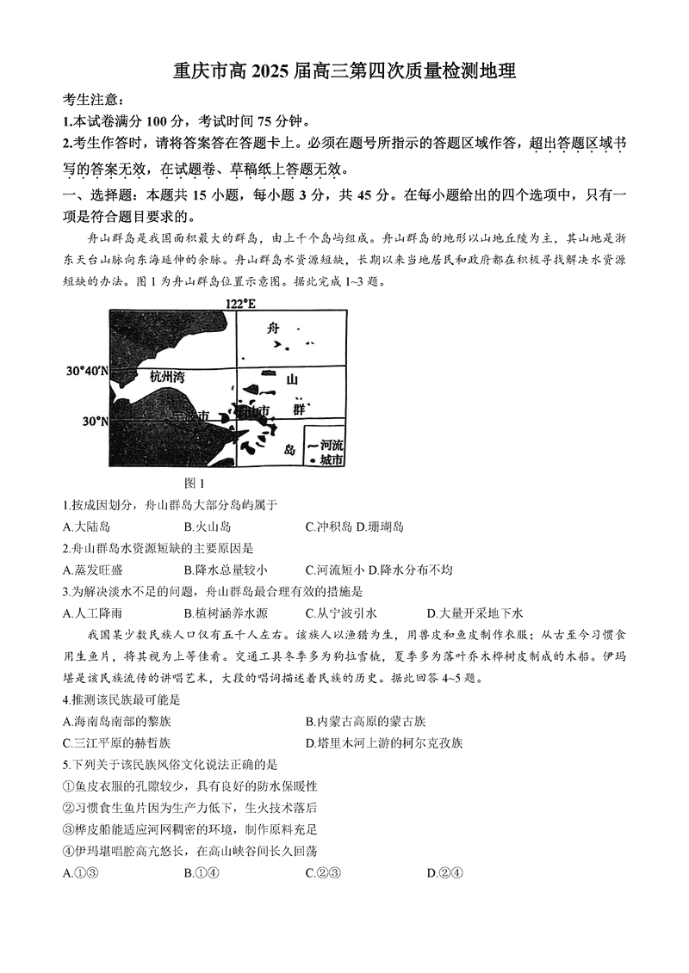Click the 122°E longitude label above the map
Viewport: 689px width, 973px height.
tap(240, 304)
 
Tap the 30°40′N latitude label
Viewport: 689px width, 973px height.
tap(88, 372)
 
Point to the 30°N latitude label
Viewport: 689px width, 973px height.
tap(95, 422)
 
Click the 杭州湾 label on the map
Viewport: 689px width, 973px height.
tap(167, 376)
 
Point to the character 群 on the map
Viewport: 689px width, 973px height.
tap(299, 410)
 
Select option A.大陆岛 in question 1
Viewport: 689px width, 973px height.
tap(87, 526)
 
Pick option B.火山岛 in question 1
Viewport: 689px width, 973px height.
tap(208, 526)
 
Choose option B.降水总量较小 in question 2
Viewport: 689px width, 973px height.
tap(226, 570)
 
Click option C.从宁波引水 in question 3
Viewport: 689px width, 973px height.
tap(341, 613)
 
